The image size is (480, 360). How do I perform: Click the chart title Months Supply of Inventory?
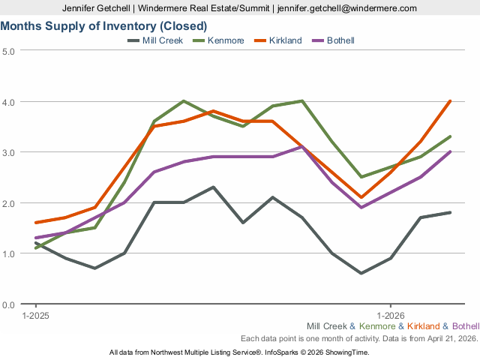103,26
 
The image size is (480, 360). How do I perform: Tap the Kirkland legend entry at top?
284,40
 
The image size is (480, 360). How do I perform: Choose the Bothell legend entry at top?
340,40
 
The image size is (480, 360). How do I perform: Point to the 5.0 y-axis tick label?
9,50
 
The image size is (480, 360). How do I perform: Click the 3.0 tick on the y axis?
9,152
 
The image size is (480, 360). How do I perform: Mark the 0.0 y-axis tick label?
9,304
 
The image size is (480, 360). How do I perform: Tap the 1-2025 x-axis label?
35,315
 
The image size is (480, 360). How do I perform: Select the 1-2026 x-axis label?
391,315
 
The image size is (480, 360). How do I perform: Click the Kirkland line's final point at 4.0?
450,101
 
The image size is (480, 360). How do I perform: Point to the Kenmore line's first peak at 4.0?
184,101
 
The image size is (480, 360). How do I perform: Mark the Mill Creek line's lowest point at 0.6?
361,273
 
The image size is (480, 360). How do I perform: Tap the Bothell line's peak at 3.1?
302,146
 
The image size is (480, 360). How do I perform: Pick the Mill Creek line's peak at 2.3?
213,187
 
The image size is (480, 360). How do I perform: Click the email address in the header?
347,8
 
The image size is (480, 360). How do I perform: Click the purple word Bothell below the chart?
466,326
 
